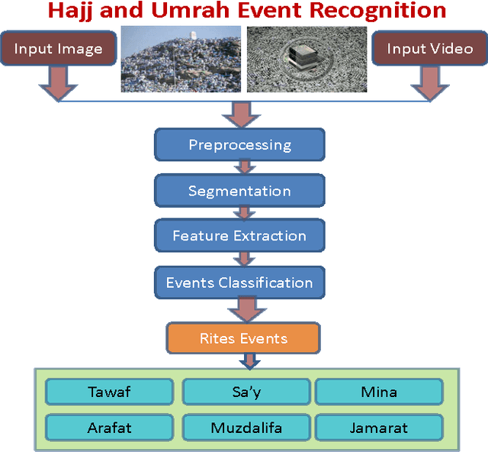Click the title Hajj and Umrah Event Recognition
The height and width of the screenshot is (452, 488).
pos(246,11)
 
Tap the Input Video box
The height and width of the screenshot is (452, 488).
pos(429,49)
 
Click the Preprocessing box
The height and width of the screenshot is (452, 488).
pos(239,144)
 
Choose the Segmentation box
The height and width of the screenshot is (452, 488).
pos(239,190)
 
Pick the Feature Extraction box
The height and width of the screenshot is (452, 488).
pos(239,236)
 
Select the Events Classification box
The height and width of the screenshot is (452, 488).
pos(239,282)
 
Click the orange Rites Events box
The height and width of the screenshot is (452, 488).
pos(243,337)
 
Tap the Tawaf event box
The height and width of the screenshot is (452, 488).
pos(109,392)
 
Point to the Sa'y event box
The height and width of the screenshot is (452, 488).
pos(246,392)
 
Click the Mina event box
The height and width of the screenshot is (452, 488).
pos(379,392)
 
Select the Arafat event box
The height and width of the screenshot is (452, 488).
pos(109,427)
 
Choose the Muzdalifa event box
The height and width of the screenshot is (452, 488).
pos(246,427)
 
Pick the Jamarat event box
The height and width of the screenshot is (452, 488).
pos(379,427)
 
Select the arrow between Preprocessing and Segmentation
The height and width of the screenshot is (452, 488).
pos(242,167)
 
